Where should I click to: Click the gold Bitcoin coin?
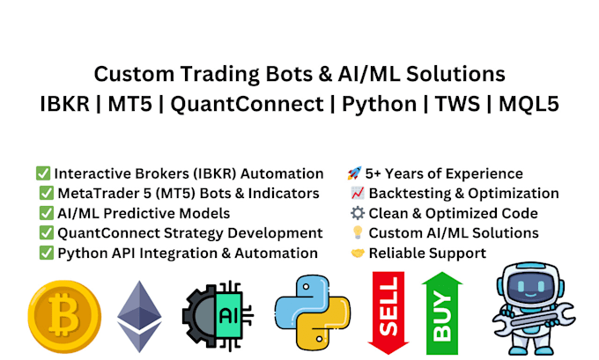click(64, 317)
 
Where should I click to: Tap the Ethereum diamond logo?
click(139, 316)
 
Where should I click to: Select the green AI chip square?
click(228, 316)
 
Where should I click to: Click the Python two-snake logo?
click(313, 312)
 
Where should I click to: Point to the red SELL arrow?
click(388, 313)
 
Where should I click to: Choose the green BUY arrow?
click(442, 313)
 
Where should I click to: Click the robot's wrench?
click(534, 319)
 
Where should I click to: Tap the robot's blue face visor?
click(530, 286)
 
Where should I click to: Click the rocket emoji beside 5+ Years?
click(354, 173)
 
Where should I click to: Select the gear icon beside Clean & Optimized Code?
click(358, 213)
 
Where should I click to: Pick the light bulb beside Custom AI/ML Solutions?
click(358, 232)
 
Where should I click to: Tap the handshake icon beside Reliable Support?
click(358, 253)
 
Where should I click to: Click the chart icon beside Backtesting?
click(358, 193)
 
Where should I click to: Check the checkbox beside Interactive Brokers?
click(43, 173)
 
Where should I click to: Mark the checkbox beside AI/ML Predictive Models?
click(47, 213)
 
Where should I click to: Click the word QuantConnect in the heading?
click(248, 104)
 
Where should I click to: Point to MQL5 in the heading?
click(529, 104)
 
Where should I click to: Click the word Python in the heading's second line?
click(380, 104)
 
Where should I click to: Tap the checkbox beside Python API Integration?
click(47, 253)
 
